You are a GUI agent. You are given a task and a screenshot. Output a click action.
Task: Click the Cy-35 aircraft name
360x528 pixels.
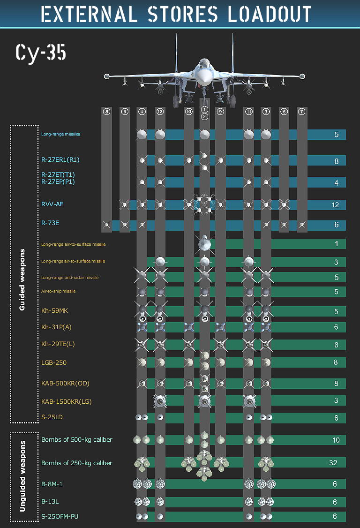click(x=41, y=53)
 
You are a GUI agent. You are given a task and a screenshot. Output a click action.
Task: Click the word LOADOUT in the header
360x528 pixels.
click(x=270, y=14)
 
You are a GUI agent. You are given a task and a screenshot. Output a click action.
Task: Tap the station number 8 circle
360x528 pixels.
click(x=107, y=112)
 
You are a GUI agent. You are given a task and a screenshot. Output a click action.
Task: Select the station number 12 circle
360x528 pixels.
click(x=160, y=112)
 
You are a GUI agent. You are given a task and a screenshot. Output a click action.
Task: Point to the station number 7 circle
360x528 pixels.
click(x=302, y=112)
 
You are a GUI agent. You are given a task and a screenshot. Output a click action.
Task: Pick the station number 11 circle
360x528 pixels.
click(x=248, y=112)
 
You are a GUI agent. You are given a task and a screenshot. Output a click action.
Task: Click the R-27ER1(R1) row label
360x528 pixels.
click(x=60, y=160)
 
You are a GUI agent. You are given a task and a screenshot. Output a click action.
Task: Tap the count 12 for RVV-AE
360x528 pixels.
click(x=336, y=205)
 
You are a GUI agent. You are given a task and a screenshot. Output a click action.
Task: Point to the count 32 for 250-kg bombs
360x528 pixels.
click(x=333, y=463)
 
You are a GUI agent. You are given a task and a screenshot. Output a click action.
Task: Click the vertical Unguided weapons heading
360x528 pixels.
click(x=22, y=476)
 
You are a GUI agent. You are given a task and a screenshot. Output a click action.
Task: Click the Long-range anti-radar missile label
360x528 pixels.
click(x=70, y=278)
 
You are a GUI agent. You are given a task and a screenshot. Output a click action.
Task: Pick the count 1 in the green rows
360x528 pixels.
click(x=336, y=244)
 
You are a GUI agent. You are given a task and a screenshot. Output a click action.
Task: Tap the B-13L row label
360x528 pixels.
click(x=50, y=501)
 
